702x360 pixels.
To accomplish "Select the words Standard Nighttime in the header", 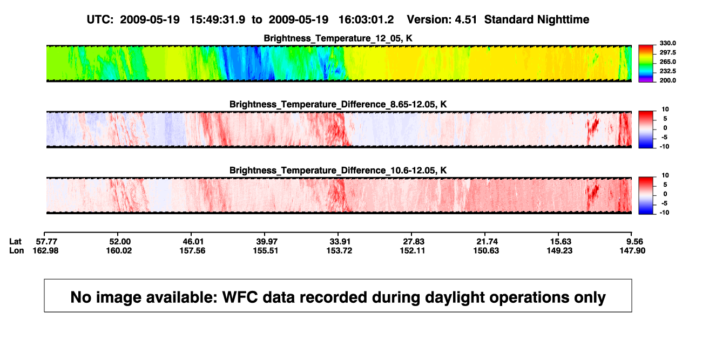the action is coord(537,20).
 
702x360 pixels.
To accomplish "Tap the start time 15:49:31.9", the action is coord(217,20).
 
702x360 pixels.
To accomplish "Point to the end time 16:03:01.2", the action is coord(366,20).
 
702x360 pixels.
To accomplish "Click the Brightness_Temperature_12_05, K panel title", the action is coord(338,38).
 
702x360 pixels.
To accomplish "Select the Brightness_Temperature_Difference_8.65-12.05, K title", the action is coord(338,104).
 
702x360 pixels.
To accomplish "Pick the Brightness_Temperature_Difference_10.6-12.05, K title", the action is coord(338,171).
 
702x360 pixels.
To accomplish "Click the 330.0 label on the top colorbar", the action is coord(667,43).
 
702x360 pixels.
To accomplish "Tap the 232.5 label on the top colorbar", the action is coord(667,71).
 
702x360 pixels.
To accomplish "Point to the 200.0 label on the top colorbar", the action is coord(667,80).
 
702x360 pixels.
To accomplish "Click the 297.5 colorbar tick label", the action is coord(667,53).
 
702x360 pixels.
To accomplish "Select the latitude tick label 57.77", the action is coord(46,242).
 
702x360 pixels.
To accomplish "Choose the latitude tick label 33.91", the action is coord(340,242).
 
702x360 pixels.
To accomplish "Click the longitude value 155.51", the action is coord(266,250).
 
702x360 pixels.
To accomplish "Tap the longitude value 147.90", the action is coord(632,250).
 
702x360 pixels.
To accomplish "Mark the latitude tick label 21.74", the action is coord(487,242).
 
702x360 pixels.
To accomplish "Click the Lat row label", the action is coord(15,242).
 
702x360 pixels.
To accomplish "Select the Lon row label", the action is coord(16,250).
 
